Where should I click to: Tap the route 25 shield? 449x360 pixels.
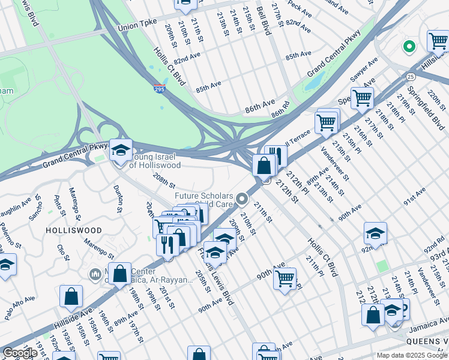point(410,77)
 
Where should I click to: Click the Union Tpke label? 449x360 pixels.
point(137,25)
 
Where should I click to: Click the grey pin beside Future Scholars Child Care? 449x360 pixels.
point(243,199)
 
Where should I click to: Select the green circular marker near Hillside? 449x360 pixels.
point(410,46)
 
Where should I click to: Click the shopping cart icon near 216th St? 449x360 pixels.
point(362,97)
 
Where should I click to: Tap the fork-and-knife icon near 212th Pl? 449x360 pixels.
point(276,155)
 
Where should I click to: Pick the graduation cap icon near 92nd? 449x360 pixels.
point(375,232)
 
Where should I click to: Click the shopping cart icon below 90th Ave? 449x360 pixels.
point(285,278)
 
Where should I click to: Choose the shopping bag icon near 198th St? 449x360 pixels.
point(120,273)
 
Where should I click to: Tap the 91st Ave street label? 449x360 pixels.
point(414,197)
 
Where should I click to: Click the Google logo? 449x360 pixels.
point(19,353)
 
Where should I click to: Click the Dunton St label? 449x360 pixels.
point(118,199)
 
